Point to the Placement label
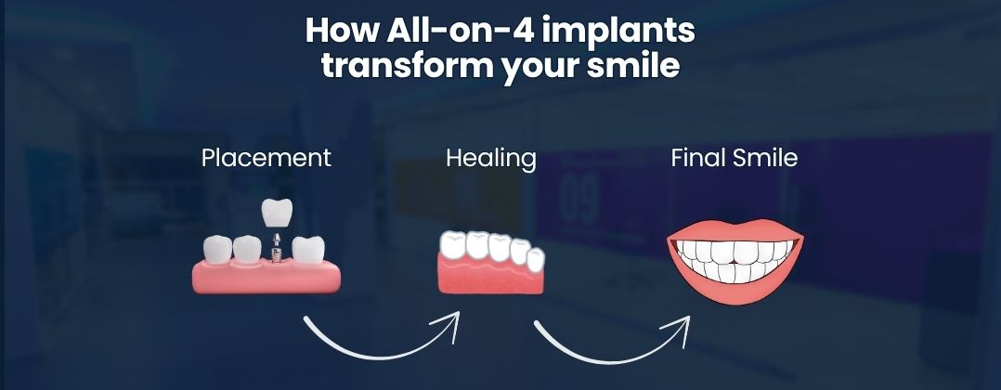click(x=266, y=158)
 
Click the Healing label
click(x=490, y=158)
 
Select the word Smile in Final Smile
click(x=764, y=158)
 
